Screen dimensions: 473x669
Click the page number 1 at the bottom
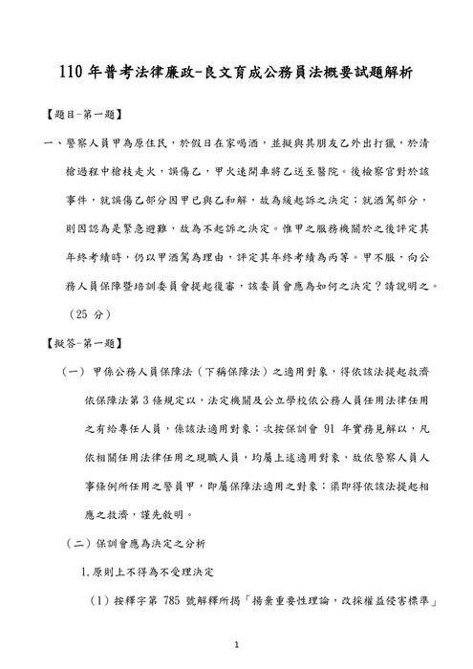click(236, 647)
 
